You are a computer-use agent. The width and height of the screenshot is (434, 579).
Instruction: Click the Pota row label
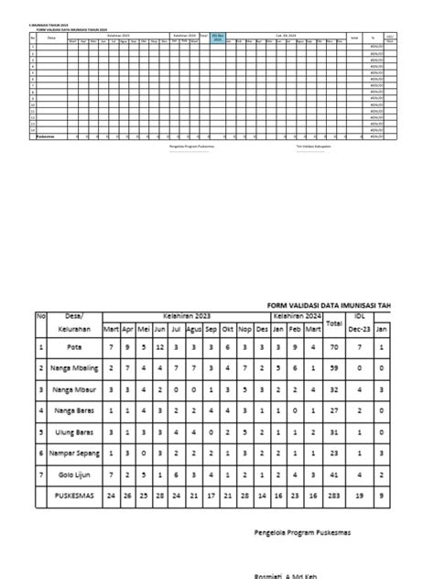pos(73,348)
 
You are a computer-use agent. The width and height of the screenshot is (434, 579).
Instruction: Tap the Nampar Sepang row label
pos(73,453)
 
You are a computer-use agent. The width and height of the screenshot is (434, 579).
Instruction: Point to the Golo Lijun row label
pos(73,474)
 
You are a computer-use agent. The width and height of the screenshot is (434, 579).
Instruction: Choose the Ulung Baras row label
pos(73,431)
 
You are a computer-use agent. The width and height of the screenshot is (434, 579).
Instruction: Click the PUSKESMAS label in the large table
pos(73,495)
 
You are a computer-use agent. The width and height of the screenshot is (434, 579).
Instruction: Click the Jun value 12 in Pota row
pos(160,348)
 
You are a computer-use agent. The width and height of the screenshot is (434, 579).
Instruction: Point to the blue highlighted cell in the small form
pos(217,38)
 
